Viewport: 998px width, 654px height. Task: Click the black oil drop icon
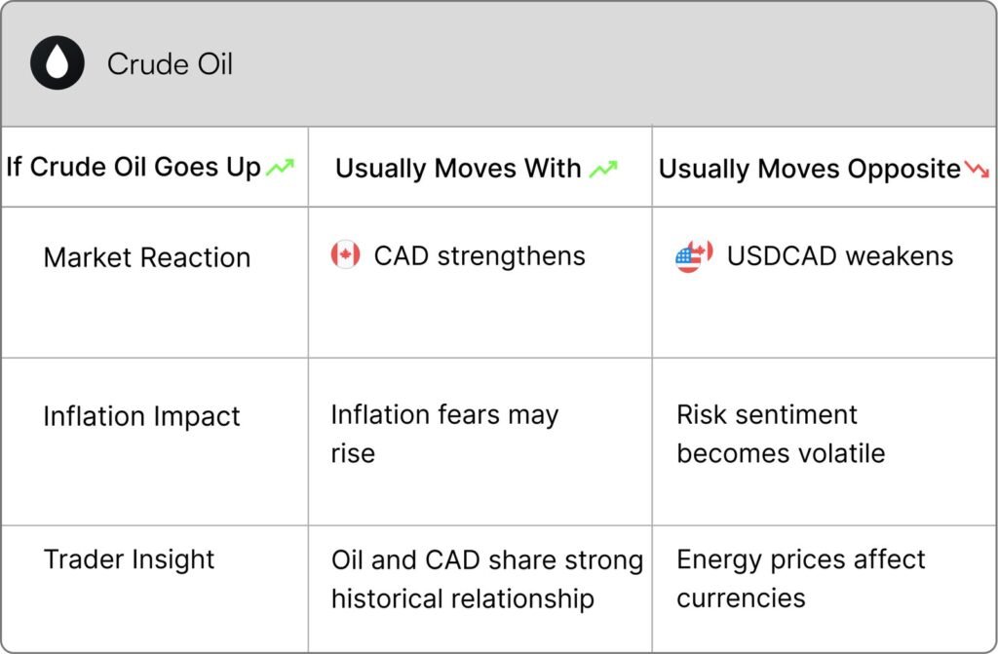click(x=58, y=62)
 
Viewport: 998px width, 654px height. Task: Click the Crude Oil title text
click(x=170, y=63)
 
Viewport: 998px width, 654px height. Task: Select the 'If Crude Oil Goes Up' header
click(x=134, y=167)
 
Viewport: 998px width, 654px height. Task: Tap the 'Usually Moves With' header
click(x=458, y=168)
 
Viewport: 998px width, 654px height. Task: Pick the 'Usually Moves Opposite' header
click(x=810, y=169)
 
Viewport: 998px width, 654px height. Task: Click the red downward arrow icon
click(x=977, y=169)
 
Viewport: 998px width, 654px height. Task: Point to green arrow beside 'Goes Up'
click(x=280, y=167)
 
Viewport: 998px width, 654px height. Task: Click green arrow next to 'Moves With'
click(x=603, y=169)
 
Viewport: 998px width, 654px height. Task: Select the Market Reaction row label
click(x=147, y=257)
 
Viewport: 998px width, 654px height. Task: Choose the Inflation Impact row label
click(x=142, y=416)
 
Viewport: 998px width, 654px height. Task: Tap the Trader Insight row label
click(x=130, y=559)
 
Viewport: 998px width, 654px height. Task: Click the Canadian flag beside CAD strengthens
click(x=346, y=254)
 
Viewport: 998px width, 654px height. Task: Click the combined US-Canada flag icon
click(x=694, y=256)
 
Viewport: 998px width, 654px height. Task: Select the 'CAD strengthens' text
click(x=480, y=256)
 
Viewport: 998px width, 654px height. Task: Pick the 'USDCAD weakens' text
click(x=840, y=256)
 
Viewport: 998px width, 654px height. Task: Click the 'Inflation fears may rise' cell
click(x=444, y=434)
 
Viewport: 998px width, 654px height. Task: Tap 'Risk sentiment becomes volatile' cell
click(x=781, y=434)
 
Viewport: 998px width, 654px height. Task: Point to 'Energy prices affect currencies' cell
click(x=801, y=578)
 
